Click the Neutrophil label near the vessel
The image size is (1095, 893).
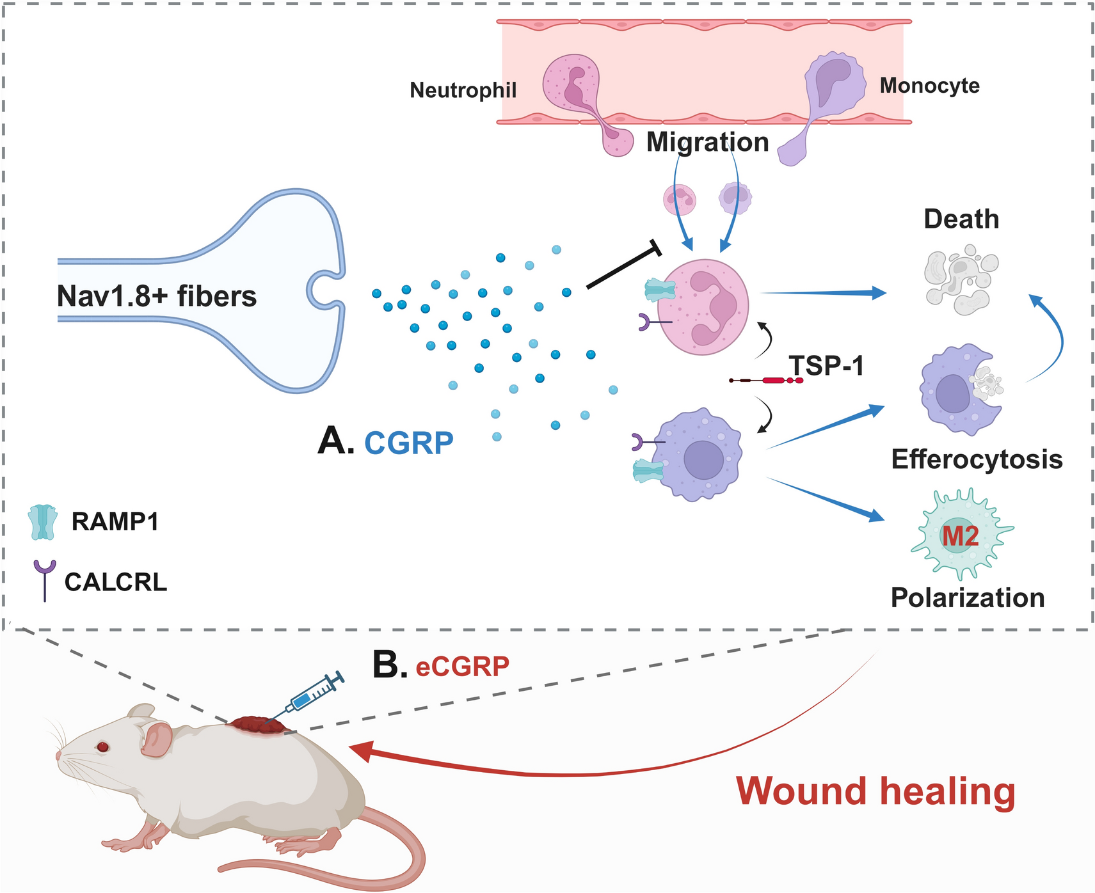point(463,90)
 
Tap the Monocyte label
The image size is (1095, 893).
point(929,85)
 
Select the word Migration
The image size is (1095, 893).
point(707,142)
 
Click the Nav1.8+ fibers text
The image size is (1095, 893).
point(157,296)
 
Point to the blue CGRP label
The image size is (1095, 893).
point(409,443)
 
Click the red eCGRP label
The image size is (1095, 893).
point(462,667)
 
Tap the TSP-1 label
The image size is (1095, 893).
point(826,366)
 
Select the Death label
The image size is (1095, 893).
point(961,219)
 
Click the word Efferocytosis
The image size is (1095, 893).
point(977,459)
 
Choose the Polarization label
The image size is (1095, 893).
point(968,597)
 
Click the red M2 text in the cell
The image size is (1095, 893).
point(960,536)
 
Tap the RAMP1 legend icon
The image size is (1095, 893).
point(43,522)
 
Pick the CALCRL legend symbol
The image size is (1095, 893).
point(45,580)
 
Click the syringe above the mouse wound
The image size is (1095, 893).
point(314,693)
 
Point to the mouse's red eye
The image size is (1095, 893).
point(102,747)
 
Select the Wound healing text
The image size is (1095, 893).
point(875,791)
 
